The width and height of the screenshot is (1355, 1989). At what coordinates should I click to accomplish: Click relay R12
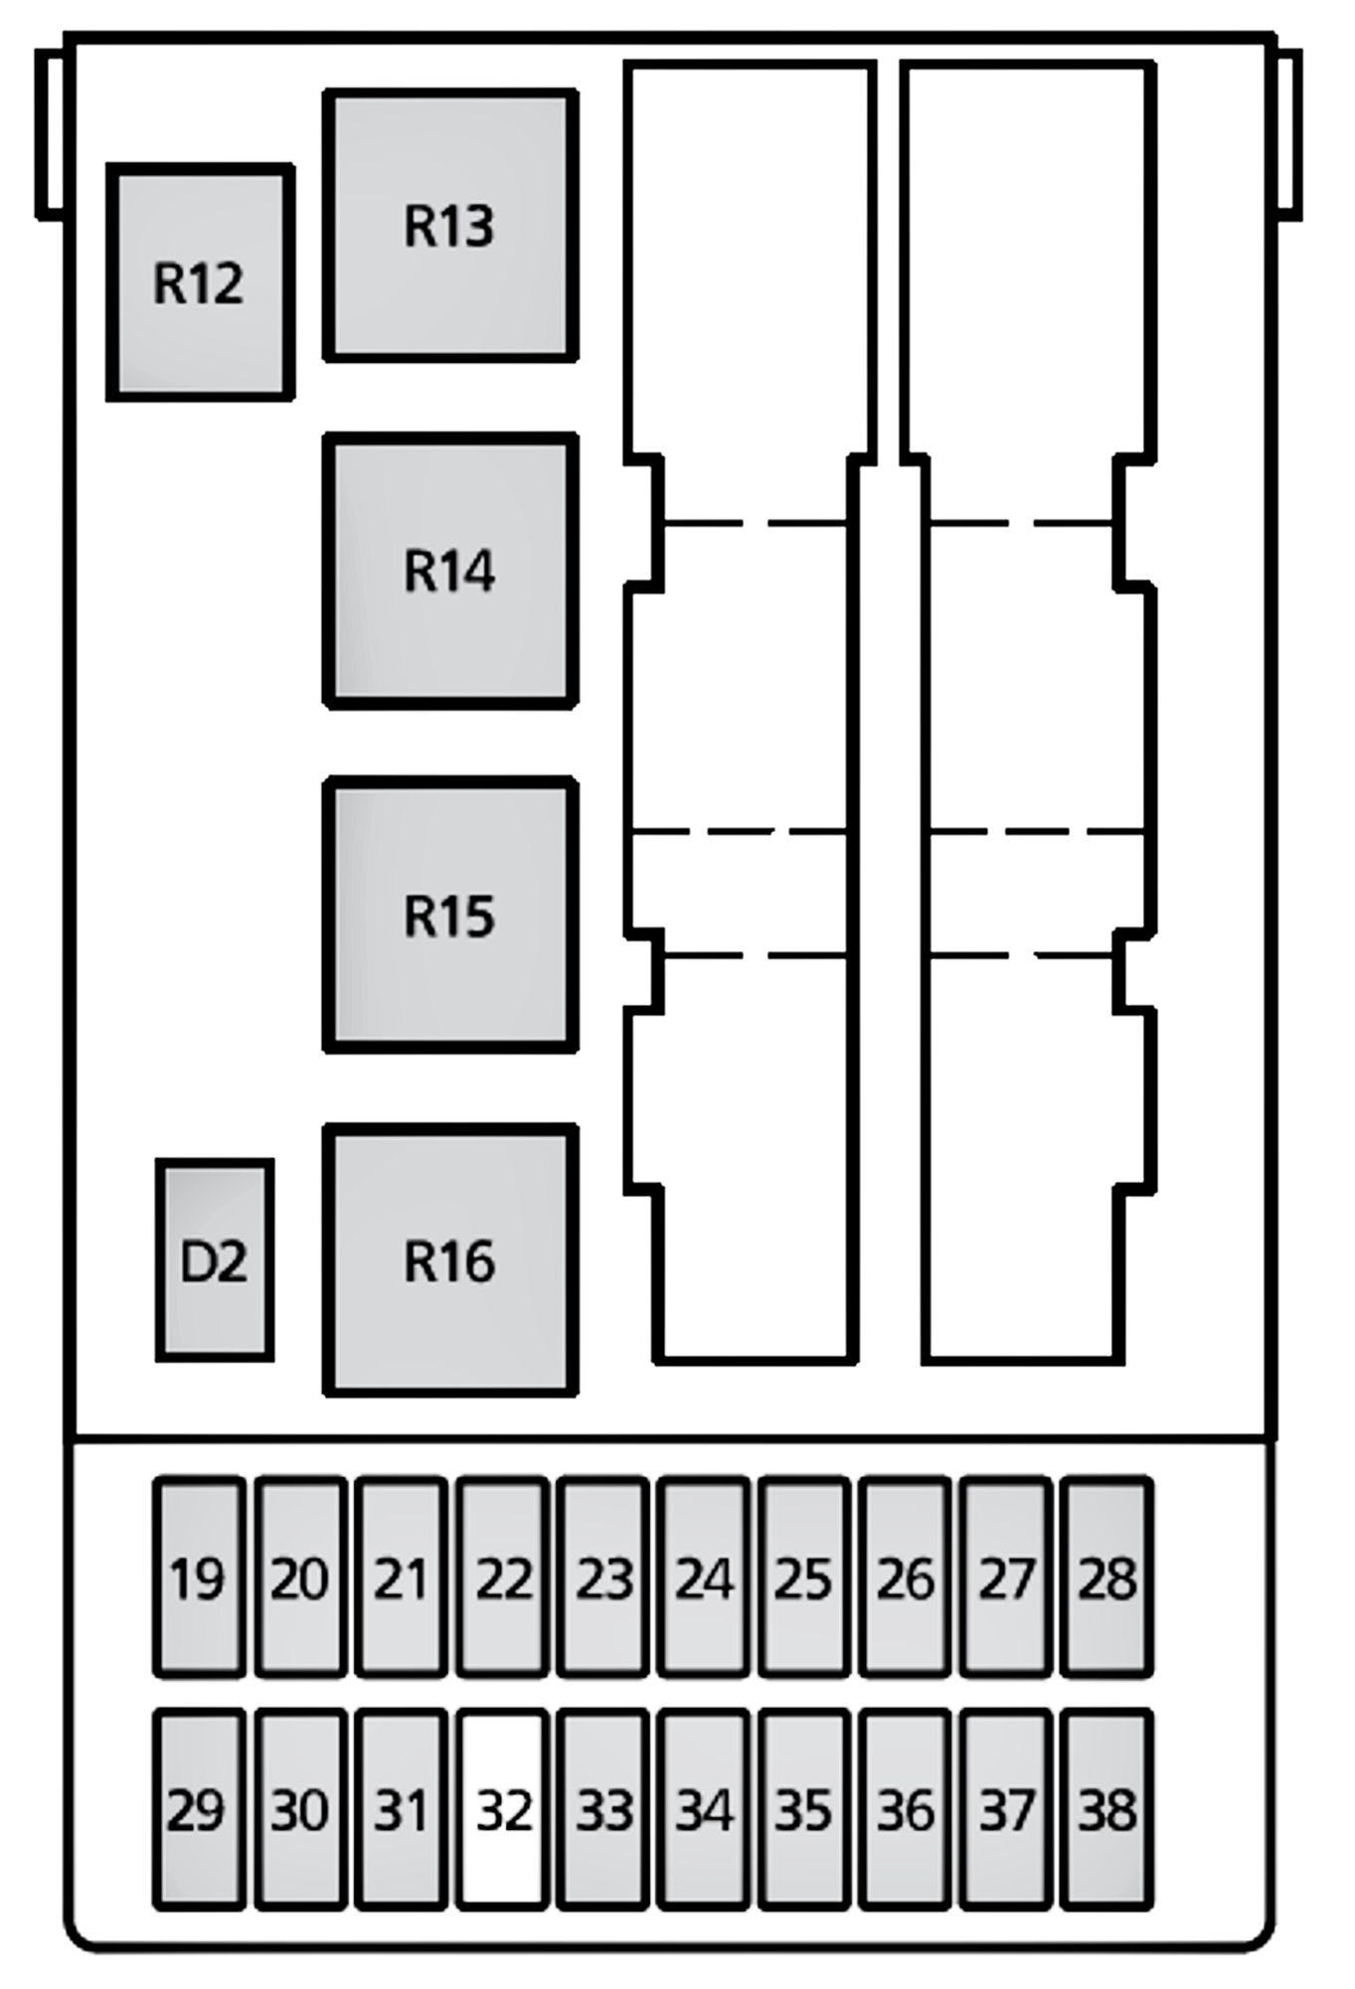point(200,283)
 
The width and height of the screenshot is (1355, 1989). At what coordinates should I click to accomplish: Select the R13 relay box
point(450,226)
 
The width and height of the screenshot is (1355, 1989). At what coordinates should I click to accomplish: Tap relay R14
point(450,571)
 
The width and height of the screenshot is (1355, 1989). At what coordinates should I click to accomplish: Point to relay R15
point(450,915)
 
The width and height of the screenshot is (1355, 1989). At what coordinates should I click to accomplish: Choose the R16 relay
point(450,1260)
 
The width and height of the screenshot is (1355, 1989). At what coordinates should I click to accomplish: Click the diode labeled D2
point(214,1260)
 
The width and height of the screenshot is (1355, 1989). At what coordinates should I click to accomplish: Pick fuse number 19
point(198,1577)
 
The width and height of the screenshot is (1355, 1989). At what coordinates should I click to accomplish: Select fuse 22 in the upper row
point(503,1577)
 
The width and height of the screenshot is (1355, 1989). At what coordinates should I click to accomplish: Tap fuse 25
point(804,1577)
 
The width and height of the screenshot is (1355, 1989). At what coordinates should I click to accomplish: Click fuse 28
point(1106,1577)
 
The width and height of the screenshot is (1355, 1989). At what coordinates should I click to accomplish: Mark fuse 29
point(198,1810)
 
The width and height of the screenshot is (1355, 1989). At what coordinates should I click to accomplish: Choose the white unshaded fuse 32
point(503,1810)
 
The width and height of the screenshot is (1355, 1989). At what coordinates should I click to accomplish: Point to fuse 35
point(804,1810)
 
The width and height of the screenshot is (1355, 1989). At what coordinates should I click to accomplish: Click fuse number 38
point(1106,1810)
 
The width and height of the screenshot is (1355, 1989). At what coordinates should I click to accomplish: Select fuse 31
point(401,1810)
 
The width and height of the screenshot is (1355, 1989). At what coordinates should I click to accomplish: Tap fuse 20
point(300,1577)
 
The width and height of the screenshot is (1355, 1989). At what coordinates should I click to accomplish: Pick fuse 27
point(1006,1577)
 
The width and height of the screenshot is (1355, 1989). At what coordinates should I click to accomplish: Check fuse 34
point(704,1810)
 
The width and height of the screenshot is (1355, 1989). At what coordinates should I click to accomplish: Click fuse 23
point(603,1577)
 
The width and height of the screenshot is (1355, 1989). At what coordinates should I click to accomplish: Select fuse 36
point(905,1810)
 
